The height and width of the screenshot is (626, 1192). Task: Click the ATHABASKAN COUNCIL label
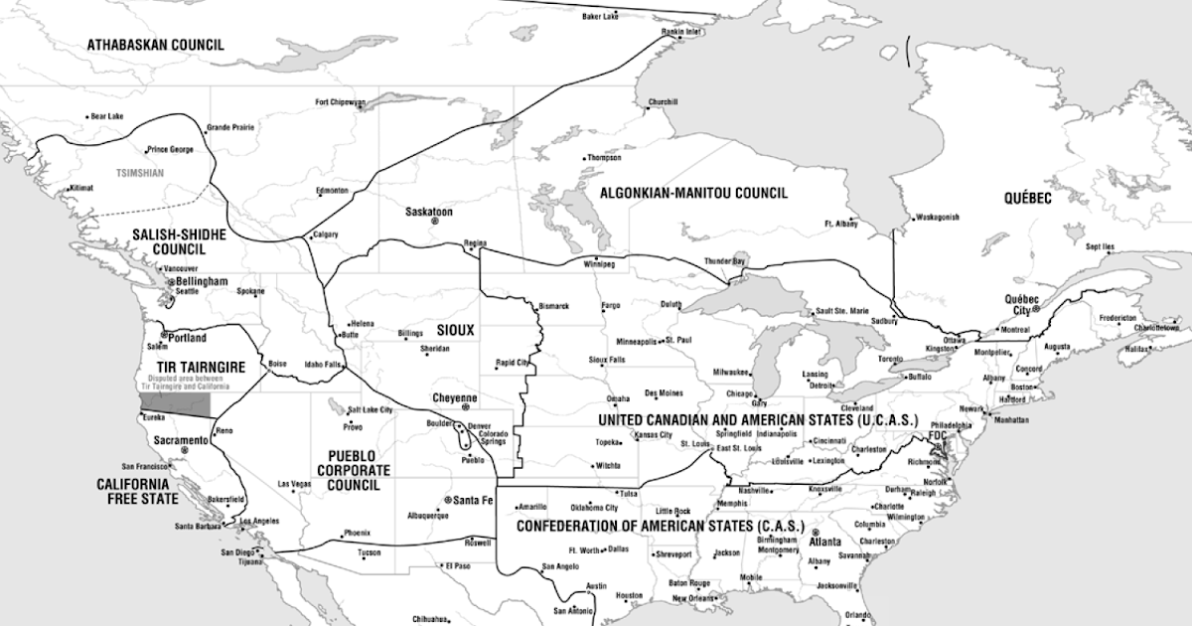[x=155, y=45]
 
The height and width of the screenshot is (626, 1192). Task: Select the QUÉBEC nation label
[x=1027, y=199]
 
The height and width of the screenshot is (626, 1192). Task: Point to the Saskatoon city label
[x=428, y=212]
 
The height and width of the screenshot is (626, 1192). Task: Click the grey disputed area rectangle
[x=175, y=405]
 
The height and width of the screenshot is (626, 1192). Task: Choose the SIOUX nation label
[x=456, y=329]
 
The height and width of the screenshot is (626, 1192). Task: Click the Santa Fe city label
[x=473, y=500]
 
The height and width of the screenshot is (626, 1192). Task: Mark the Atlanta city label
[x=825, y=542]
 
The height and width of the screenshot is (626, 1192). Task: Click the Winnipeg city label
[x=599, y=265]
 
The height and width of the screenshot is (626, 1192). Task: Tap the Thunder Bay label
[x=723, y=260]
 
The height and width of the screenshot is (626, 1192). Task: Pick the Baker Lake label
[x=599, y=17]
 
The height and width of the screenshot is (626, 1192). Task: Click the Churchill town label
[x=663, y=101]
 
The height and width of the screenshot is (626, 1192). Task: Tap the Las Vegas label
[x=295, y=484]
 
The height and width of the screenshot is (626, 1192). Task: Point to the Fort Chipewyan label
[x=341, y=101]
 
